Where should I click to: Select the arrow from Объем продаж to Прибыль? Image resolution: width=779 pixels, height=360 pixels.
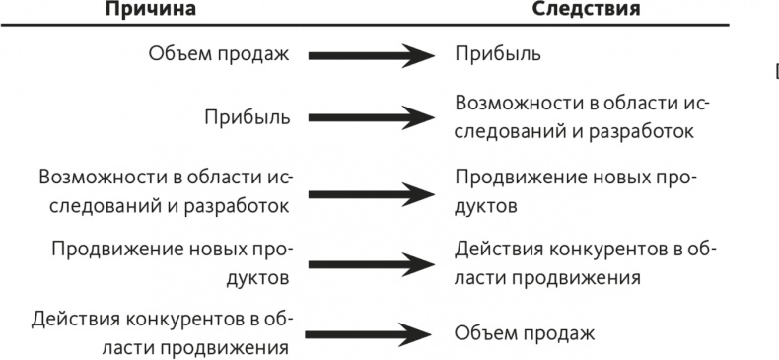371,54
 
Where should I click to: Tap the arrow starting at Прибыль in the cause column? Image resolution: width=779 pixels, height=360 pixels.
371,118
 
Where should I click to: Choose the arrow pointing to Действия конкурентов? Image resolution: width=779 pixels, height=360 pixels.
371,261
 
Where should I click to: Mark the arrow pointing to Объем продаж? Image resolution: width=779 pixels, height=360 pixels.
371,333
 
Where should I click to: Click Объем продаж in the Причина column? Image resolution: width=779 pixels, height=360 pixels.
220,54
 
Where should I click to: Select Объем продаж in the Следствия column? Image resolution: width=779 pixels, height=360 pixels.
525,333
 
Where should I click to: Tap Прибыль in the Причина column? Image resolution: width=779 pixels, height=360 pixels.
247,118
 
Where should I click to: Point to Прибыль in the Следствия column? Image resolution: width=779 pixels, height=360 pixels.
497,54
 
